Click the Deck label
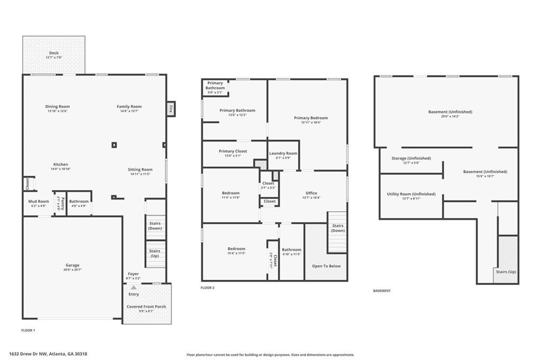point(54,53)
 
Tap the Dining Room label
point(58,107)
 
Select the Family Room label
point(129,107)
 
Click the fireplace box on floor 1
point(171,109)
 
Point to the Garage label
point(72,266)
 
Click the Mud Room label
point(39,201)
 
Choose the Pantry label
point(62,201)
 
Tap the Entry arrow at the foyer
point(134,288)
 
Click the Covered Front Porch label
point(146,306)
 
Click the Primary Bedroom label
point(311,118)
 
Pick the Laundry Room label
point(283,153)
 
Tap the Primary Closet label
point(233,151)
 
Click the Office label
point(311,193)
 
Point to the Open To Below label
point(326,266)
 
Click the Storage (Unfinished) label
point(411,158)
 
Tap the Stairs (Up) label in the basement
point(506,271)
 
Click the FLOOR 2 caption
point(208,288)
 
